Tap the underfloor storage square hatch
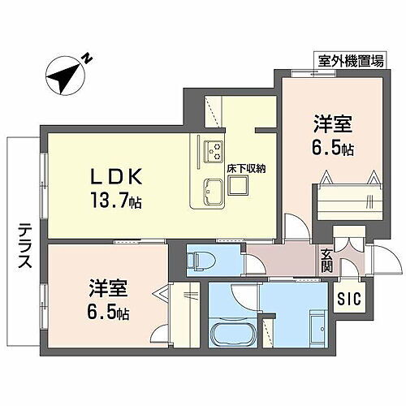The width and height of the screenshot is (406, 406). point(237,186)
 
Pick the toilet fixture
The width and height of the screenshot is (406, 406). point(197,260)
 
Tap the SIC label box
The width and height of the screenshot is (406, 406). point(350,297)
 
